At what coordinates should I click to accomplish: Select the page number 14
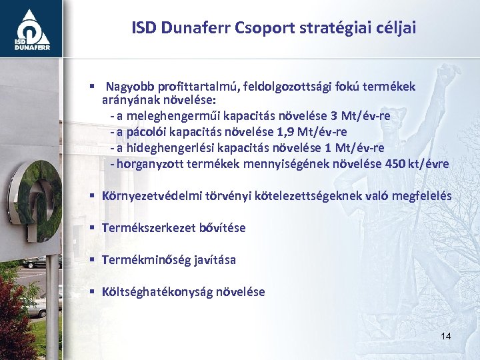(x=445, y=335)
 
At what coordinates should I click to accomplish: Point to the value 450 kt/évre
(x=417, y=164)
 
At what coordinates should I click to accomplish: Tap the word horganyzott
(x=149, y=164)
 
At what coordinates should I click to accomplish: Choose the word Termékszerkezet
(x=149, y=228)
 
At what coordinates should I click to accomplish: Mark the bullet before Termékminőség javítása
(x=93, y=260)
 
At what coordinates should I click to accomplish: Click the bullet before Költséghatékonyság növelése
(x=93, y=292)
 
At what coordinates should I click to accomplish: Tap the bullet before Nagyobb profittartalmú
(x=93, y=87)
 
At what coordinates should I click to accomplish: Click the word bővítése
(x=223, y=228)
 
